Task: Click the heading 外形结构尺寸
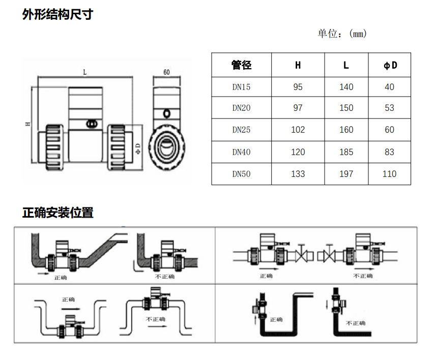[x=57, y=15]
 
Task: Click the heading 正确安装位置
[x=57, y=213]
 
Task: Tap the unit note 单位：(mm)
[x=342, y=34]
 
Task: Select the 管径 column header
[x=241, y=65]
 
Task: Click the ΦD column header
[x=389, y=65]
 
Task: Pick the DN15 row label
[x=241, y=87]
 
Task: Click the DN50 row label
[x=241, y=174]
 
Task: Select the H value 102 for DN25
[x=298, y=130]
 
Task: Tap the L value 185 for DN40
[x=346, y=152]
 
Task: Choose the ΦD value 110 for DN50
[x=389, y=174]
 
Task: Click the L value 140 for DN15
[x=346, y=87]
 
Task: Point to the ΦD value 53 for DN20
[x=389, y=108]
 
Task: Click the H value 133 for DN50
[x=298, y=174]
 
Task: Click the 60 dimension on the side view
[x=166, y=72]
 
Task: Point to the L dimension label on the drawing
[x=84, y=73]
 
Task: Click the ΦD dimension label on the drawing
[x=138, y=148]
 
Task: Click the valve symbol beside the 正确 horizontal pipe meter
[x=302, y=254]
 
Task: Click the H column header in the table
[x=298, y=65]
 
